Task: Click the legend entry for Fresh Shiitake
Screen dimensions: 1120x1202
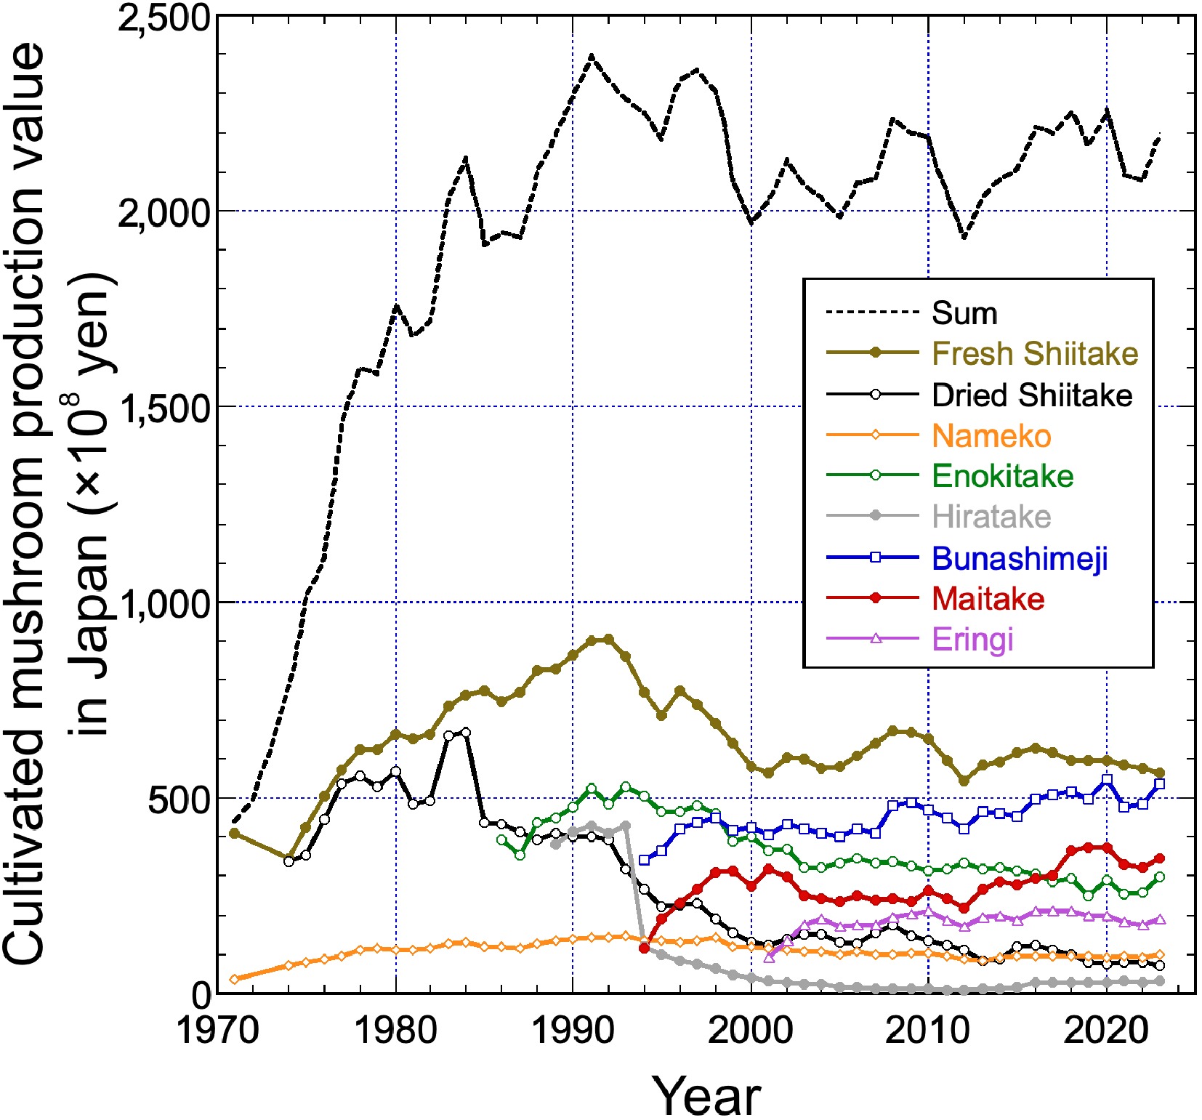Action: pyautogui.click(x=1034, y=354)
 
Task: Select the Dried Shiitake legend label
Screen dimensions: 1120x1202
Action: pyautogui.click(x=1032, y=395)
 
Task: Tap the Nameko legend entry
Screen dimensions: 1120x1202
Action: pyautogui.click(x=991, y=436)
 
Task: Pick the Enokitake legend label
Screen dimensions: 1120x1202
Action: pyautogui.click(x=1002, y=477)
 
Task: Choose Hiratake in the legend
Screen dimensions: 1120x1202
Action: pyautogui.click(x=991, y=517)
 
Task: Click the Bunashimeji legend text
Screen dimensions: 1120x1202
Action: pyautogui.click(x=1020, y=558)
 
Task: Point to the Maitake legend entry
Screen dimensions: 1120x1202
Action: pyautogui.click(x=988, y=599)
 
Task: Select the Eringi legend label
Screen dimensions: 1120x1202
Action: pyautogui.click(x=972, y=640)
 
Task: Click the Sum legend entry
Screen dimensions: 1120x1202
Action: pyautogui.click(x=964, y=313)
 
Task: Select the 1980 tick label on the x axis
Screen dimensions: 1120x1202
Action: pyautogui.click(x=395, y=1030)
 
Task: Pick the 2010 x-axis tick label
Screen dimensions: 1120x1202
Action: pyautogui.click(x=928, y=1030)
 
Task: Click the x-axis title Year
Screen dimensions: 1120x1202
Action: pyautogui.click(x=706, y=1096)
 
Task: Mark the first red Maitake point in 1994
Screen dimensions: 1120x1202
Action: pyautogui.click(x=644, y=948)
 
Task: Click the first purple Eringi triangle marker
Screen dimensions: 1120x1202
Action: pyautogui.click(x=770, y=957)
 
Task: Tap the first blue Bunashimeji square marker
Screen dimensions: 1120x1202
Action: pyautogui.click(x=644, y=860)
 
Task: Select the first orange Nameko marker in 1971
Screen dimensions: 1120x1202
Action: pyautogui.click(x=234, y=979)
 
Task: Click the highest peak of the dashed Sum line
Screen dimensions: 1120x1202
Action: pyautogui.click(x=592, y=55)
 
